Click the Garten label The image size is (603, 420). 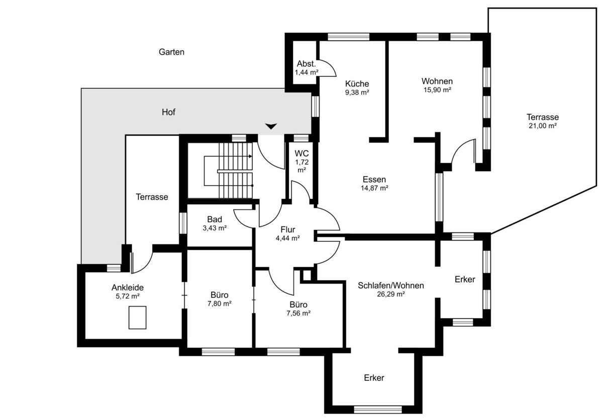(x=171, y=52)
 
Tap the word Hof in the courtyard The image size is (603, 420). (x=168, y=112)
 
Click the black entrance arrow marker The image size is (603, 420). (x=271, y=126)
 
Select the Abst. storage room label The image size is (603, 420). (x=306, y=64)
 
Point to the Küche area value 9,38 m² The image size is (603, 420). (x=357, y=92)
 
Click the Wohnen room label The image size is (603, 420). (x=437, y=81)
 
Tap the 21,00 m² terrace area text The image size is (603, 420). (x=542, y=125)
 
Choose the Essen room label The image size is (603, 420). (x=374, y=179)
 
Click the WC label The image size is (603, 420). (x=301, y=153)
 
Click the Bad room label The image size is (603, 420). (x=215, y=219)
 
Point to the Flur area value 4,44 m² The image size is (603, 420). (x=288, y=238)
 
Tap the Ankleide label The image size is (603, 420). (x=127, y=288)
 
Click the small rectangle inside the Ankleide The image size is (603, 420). (x=137, y=318)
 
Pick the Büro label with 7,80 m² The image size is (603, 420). (x=220, y=295)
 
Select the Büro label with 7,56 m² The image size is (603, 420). (x=298, y=305)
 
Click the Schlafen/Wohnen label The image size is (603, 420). (x=390, y=286)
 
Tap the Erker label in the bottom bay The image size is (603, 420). (x=374, y=378)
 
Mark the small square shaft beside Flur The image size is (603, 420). (x=307, y=275)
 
